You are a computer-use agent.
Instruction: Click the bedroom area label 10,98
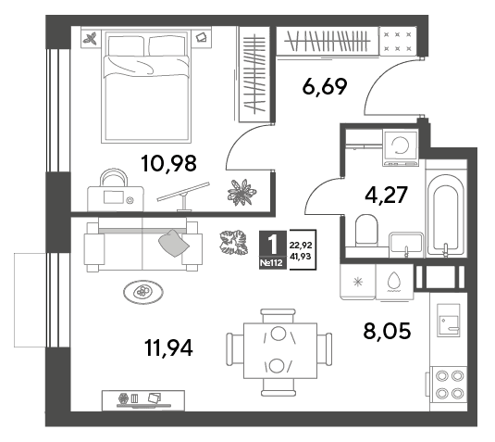(x=169, y=163)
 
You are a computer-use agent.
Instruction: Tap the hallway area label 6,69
(x=325, y=86)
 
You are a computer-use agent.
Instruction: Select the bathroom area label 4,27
(x=386, y=195)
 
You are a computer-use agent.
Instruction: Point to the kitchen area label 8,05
(x=387, y=331)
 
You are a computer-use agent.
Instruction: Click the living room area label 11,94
(x=168, y=347)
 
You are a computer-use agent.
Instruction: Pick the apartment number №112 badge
(x=272, y=263)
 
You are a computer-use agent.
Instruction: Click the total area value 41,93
(x=300, y=257)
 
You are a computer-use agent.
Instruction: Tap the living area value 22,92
(x=301, y=245)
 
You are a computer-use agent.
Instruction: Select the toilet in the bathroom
(x=366, y=230)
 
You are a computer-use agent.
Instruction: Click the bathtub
(x=446, y=216)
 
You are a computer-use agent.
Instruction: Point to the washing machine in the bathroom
(x=401, y=147)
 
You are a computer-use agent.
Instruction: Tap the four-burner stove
(x=449, y=385)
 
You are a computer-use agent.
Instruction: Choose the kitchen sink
(x=449, y=321)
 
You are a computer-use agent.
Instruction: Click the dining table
(x=280, y=350)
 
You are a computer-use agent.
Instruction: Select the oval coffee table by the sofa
(x=143, y=292)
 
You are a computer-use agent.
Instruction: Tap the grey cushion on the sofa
(x=173, y=243)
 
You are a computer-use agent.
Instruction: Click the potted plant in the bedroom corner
(x=241, y=192)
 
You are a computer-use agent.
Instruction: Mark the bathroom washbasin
(x=406, y=244)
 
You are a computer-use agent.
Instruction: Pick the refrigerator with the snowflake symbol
(x=358, y=282)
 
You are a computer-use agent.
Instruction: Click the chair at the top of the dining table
(x=278, y=316)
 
